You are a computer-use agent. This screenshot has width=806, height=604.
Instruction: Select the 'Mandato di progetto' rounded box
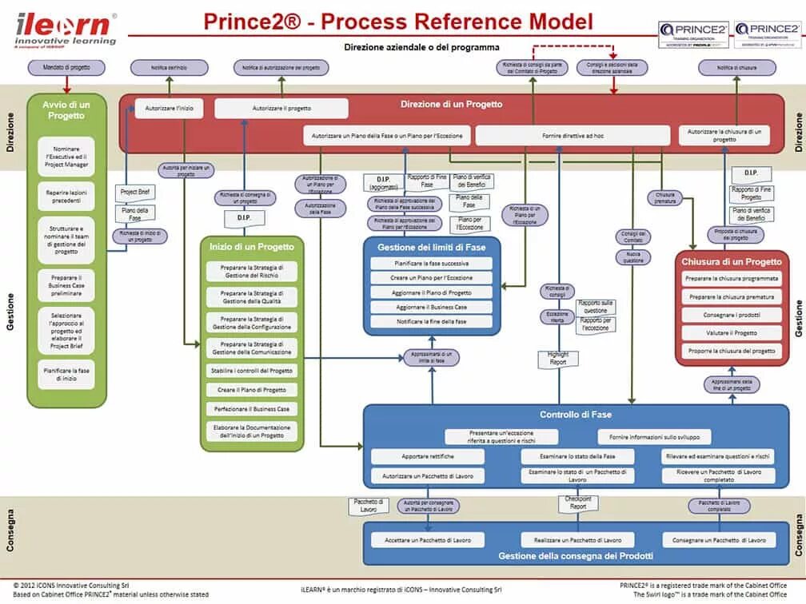[66, 68]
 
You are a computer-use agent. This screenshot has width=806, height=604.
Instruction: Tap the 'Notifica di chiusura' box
[736, 68]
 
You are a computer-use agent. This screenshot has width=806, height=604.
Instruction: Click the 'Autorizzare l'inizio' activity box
[169, 108]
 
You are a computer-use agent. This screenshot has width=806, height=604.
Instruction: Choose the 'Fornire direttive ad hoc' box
[573, 136]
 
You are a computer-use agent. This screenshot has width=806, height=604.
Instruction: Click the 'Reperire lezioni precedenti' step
[71, 197]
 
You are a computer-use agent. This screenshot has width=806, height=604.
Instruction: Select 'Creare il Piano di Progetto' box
[252, 390]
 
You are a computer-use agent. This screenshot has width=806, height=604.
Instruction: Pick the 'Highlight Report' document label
[558, 358]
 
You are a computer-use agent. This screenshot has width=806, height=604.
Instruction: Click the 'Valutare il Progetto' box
[732, 333]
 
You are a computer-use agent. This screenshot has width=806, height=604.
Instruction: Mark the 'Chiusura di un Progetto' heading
[732, 261]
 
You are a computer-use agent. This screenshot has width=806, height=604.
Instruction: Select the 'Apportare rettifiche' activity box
[427, 456]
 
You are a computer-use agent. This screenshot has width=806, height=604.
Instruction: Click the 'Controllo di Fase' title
[576, 415]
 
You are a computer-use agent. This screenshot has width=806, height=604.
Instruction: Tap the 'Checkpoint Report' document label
[578, 503]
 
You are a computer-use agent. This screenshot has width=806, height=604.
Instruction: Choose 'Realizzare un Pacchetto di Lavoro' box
[572, 540]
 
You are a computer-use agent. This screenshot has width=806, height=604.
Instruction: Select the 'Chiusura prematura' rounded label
[665, 197]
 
